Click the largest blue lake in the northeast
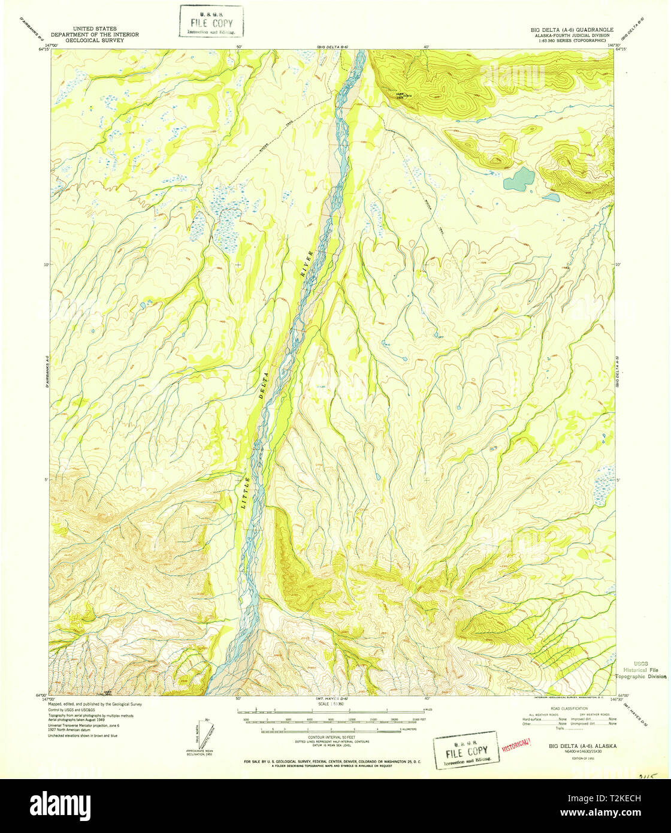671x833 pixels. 519,179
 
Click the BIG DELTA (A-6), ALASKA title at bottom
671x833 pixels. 580,746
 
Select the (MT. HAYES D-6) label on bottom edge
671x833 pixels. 331,699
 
